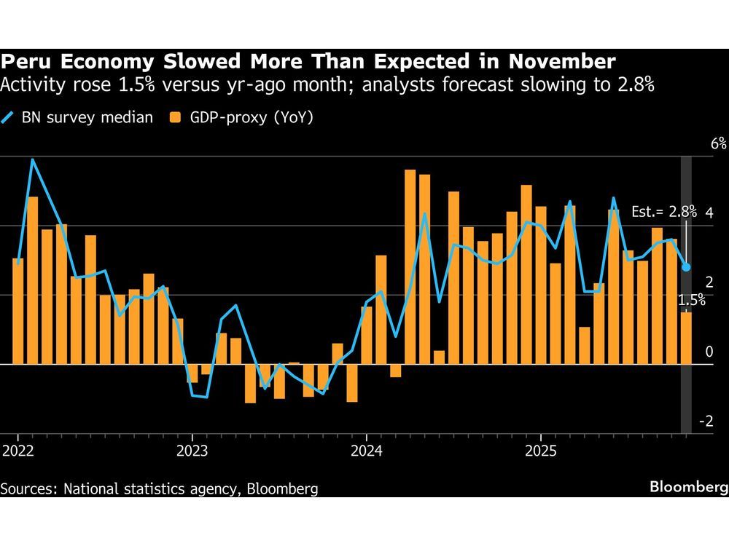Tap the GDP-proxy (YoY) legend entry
click(x=241, y=116)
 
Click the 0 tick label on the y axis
click(x=709, y=352)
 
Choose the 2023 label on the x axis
click(x=192, y=449)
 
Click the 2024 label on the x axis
click(x=367, y=449)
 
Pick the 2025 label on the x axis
click(x=541, y=449)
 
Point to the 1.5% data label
click(x=691, y=300)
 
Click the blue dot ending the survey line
click(x=686, y=267)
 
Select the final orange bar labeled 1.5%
click(x=686, y=338)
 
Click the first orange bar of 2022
click(x=18, y=311)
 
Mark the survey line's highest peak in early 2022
click(x=32, y=159)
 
